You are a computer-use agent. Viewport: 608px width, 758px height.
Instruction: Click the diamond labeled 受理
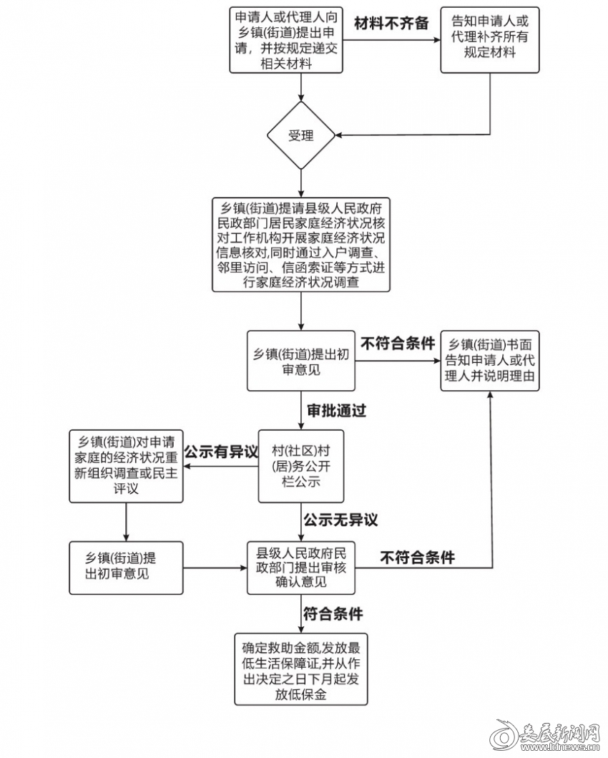tap(300, 135)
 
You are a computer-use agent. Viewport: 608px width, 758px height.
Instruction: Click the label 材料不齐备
tap(391, 23)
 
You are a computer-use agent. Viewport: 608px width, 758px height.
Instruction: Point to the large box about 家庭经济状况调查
tap(301, 245)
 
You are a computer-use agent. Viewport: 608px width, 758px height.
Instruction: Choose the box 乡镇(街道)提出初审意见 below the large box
tap(301, 361)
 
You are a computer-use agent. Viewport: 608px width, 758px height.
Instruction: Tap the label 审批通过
tap(336, 411)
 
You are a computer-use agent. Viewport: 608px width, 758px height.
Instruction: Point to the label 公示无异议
tap(340, 520)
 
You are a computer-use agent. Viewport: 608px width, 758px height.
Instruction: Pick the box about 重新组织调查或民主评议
tap(126, 467)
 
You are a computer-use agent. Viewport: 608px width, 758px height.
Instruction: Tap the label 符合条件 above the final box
tap(333, 614)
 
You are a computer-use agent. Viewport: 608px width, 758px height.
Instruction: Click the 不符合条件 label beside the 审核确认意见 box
tap(418, 557)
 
